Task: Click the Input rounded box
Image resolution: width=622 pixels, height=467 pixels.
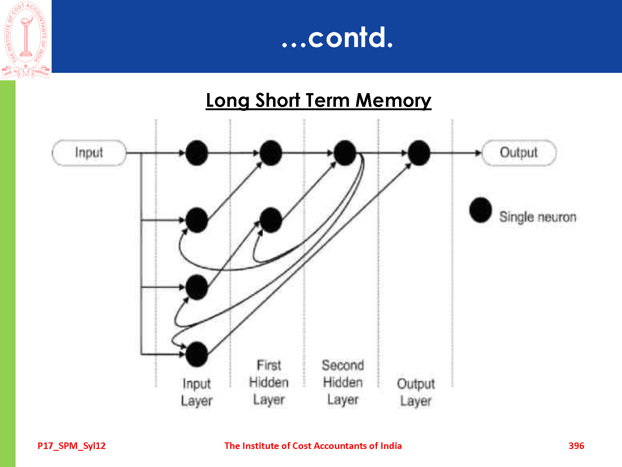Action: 89,153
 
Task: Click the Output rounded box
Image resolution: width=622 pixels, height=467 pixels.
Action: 519,153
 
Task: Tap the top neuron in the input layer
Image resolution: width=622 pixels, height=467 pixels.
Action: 197,153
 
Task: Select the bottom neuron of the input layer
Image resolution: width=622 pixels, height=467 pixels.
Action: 197,354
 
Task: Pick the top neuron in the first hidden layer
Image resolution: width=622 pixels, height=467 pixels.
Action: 271,153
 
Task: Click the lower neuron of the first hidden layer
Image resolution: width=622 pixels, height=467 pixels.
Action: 271,220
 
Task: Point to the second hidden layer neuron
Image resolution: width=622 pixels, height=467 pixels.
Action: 345,153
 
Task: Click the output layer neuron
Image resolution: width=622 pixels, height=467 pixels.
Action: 419,153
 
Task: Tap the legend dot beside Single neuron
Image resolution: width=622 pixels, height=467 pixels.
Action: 480,210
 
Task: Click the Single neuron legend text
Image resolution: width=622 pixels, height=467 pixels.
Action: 538,217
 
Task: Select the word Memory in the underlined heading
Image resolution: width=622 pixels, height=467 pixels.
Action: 393,101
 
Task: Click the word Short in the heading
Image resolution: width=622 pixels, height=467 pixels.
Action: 277,101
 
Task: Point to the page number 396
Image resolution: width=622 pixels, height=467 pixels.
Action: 576,446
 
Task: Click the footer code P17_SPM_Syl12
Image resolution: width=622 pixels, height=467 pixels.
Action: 72,446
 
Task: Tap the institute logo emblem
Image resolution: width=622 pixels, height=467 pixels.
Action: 26,39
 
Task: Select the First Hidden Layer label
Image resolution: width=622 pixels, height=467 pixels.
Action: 269,382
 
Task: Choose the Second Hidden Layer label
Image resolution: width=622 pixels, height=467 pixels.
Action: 343,382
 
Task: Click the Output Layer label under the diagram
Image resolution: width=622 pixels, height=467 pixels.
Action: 416,392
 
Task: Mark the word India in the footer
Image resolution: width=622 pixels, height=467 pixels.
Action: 391,446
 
